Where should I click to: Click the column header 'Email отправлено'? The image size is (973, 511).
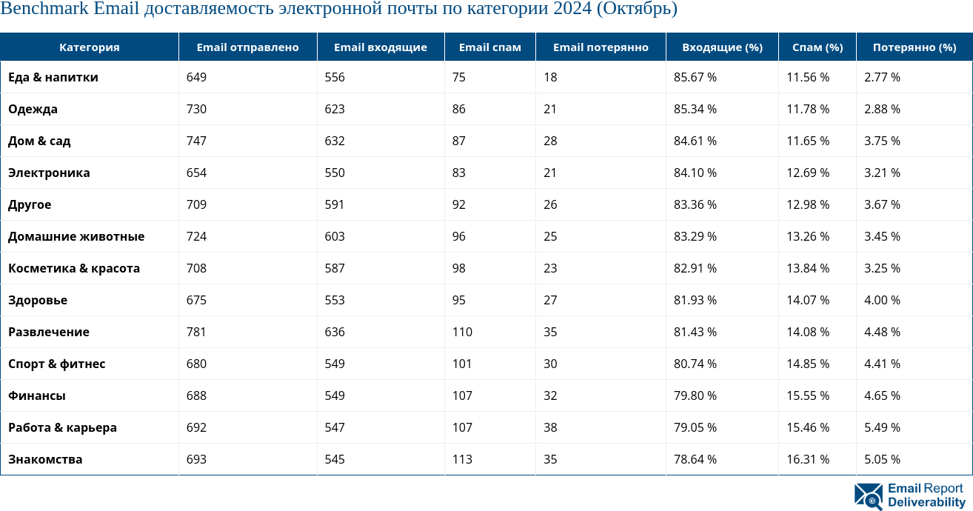(x=247, y=47)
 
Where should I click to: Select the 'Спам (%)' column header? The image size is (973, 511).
(x=817, y=47)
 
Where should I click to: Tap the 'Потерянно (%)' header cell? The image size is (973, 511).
(x=914, y=47)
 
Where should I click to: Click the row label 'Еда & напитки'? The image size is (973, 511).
(x=53, y=77)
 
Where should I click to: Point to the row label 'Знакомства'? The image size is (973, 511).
(x=45, y=459)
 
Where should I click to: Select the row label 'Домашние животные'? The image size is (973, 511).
(x=76, y=236)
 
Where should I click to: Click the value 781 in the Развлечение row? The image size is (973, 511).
(x=196, y=332)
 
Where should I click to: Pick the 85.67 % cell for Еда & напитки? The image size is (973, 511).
(x=695, y=77)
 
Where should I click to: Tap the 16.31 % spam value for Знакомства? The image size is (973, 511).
(x=808, y=459)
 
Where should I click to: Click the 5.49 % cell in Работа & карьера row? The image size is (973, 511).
(x=882, y=427)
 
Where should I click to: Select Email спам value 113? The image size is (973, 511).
(x=462, y=459)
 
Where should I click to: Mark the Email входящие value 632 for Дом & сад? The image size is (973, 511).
(x=335, y=141)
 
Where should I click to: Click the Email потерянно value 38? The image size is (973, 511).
(x=550, y=427)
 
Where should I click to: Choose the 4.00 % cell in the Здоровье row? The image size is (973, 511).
(x=882, y=300)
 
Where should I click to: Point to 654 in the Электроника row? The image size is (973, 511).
(x=196, y=173)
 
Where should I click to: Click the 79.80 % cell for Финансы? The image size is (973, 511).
(x=695, y=395)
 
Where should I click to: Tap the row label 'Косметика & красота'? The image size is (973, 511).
(x=74, y=268)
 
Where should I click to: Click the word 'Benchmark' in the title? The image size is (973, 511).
(x=44, y=10)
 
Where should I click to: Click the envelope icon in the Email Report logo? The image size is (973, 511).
(x=868, y=496)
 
